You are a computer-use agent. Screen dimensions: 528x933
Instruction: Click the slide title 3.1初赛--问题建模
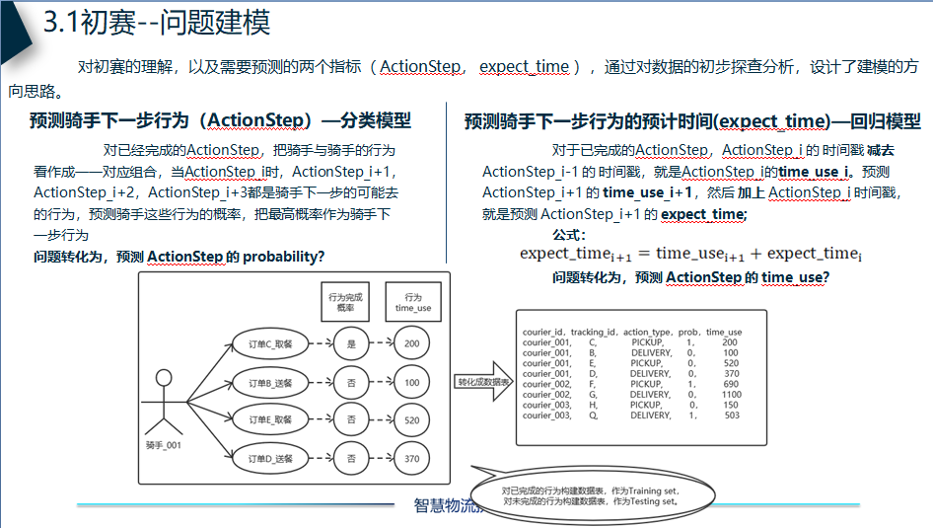pos(158,23)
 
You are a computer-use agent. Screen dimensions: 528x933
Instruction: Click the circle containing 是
pos(352,343)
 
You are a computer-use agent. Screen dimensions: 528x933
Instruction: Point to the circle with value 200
pos(412,343)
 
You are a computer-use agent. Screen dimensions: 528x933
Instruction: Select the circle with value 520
pos(412,419)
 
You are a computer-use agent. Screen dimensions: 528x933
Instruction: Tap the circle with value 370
pos(412,458)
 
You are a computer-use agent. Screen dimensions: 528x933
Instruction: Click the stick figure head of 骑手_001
pos(164,379)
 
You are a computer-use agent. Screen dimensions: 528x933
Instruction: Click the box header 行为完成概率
pos(344,302)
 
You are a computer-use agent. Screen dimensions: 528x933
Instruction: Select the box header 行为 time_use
pos(412,302)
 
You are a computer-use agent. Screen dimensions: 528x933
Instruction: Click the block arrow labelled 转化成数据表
pos(483,381)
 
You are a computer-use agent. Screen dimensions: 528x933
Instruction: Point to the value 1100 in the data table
pos(731,395)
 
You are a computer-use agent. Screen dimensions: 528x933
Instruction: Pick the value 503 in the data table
pos(731,415)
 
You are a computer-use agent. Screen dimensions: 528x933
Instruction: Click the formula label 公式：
pos(569,235)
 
